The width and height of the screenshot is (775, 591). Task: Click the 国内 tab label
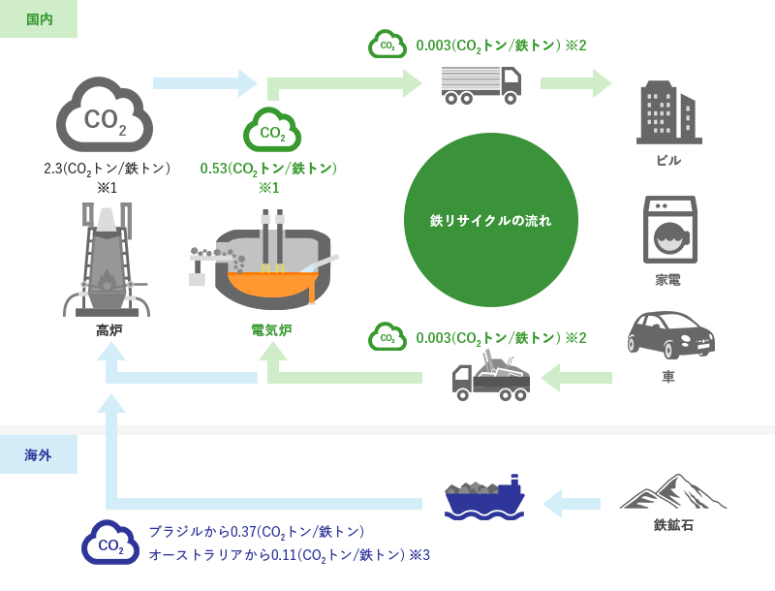pyautogui.click(x=39, y=19)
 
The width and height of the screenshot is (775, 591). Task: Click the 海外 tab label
pyautogui.click(x=39, y=454)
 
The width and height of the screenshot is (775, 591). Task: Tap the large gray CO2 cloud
pyautogui.click(x=105, y=116)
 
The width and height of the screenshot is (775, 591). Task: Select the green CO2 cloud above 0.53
pyautogui.click(x=271, y=130)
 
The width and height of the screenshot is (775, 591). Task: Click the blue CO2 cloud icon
pyautogui.click(x=110, y=544)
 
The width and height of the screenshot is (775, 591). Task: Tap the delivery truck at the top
pyautogui.click(x=480, y=84)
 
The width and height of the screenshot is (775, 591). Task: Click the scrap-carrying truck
pyautogui.click(x=491, y=377)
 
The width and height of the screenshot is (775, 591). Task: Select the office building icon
pyautogui.click(x=668, y=112)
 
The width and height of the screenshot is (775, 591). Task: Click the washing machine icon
pyautogui.click(x=669, y=230)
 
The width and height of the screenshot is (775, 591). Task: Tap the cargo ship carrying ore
pyautogui.click(x=483, y=498)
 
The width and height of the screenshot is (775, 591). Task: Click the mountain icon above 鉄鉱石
pyautogui.click(x=673, y=492)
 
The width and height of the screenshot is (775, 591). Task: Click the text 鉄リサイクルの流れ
pyautogui.click(x=490, y=220)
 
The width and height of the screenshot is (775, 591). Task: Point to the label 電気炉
pyautogui.click(x=271, y=330)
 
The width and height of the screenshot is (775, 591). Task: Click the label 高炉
pyautogui.click(x=108, y=330)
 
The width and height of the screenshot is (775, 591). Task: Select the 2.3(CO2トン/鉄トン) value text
pyautogui.click(x=107, y=169)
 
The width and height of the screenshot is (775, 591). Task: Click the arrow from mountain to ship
pyautogui.click(x=572, y=504)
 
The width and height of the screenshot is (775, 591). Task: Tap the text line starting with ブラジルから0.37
pyautogui.click(x=256, y=532)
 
